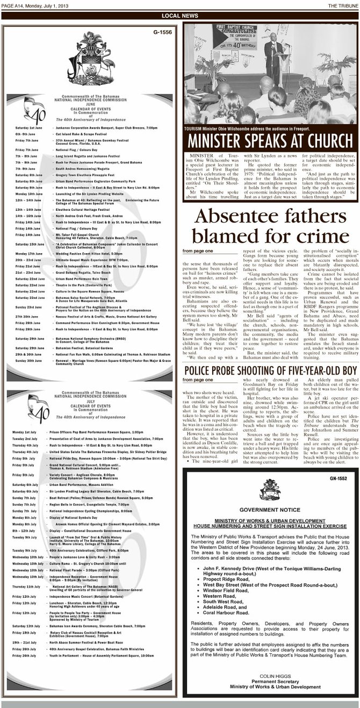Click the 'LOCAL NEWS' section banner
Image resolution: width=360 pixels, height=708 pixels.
pyautogui.click(x=179, y=16)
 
